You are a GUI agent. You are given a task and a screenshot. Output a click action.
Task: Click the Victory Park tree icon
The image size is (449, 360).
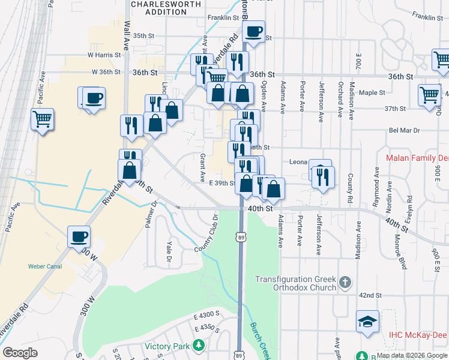[197, 346]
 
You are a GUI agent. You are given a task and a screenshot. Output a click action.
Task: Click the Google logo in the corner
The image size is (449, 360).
[20, 353]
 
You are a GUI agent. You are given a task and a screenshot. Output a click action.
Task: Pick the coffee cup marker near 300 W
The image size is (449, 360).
[79, 236]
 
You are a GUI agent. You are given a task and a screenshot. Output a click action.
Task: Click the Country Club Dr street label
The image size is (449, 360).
[205, 240]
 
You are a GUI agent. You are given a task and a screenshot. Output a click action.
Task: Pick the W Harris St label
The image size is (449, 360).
[104, 55]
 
